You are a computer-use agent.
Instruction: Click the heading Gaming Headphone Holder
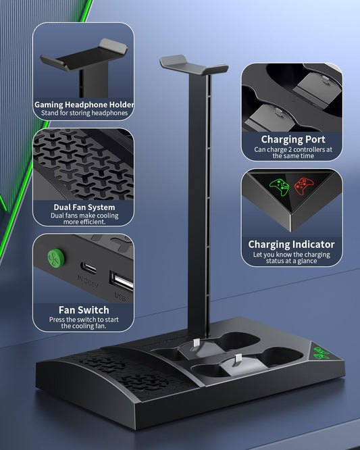tap(84, 105)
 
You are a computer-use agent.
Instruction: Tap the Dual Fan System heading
tap(84, 207)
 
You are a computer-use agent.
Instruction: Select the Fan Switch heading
tap(84, 310)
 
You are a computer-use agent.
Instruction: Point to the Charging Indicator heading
tap(291, 244)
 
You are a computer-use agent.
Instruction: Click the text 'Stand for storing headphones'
tap(84, 114)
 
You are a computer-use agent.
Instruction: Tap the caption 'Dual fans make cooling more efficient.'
tap(84, 218)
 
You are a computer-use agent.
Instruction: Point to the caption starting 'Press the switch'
tap(84, 322)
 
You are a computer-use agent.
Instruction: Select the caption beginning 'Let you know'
tap(291, 257)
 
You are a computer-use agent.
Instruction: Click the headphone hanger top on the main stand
tap(194, 64)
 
